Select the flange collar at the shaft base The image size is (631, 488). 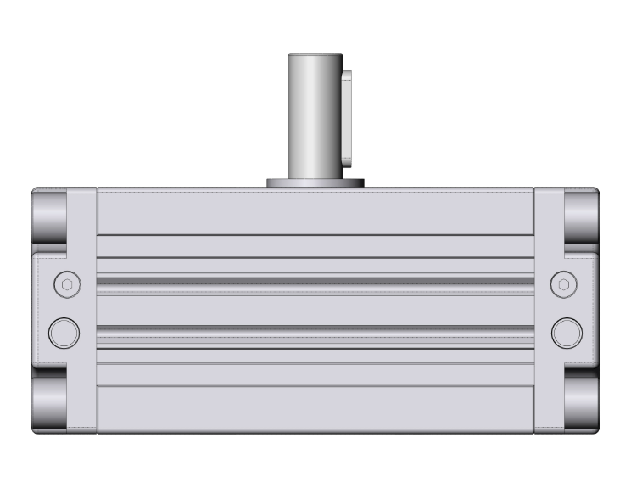[315, 182]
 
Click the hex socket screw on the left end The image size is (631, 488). [66, 284]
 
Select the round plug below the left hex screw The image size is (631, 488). [64, 332]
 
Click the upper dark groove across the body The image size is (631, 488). [315, 279]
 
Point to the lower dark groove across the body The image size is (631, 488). [315, 328]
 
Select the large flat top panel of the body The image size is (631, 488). [315, 211]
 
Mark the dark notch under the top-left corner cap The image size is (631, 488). [49, 249]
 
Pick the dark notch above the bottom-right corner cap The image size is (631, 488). [582, 371]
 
